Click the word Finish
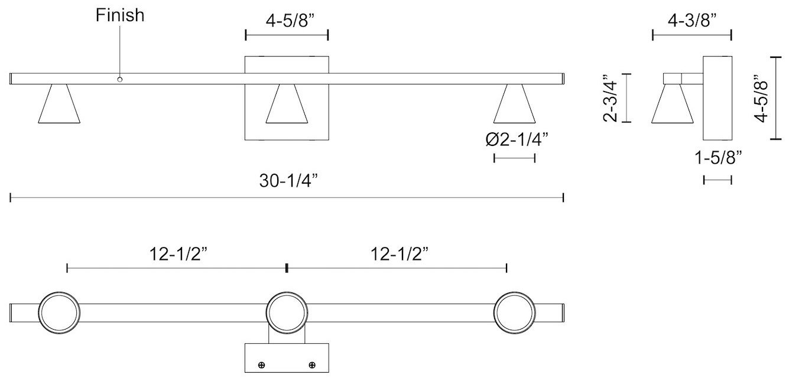120,15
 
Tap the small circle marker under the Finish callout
120,79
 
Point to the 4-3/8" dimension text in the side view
692,21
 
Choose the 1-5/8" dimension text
718,158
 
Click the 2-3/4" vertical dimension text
610,97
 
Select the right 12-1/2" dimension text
399,254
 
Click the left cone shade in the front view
59,105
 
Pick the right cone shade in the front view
515,105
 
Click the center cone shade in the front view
287,105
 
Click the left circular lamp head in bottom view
59,312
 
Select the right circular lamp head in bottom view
515,312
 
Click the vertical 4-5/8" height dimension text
762,97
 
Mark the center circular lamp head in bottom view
287,312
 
